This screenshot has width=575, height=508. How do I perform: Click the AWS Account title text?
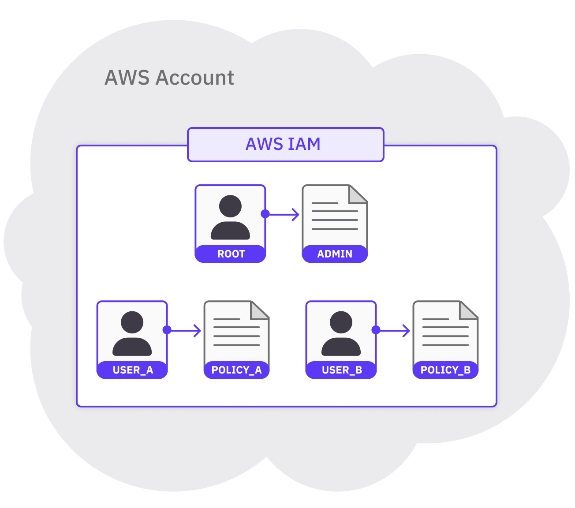(169, 78)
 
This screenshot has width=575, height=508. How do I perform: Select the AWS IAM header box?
(285, 145)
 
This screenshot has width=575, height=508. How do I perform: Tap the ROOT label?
(231, 254)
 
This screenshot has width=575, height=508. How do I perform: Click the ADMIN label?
(335, 254)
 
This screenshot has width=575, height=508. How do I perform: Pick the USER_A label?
(132, 370)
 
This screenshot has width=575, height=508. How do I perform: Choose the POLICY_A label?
(236, 370)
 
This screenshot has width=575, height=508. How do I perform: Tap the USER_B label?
(341, 370)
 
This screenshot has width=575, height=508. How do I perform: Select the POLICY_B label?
(445, 370)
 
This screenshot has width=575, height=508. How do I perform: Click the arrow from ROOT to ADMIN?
(284, 215)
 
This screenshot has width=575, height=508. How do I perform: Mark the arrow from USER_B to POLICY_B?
(395, 330)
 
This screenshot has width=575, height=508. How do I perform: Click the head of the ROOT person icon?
(230, 206)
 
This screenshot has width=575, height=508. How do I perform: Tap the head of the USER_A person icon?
(132, 322)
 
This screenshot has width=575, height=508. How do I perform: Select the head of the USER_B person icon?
(341, 322)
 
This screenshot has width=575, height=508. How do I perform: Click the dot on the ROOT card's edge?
(265, 214)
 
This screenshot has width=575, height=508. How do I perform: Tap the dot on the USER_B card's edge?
(376, 330)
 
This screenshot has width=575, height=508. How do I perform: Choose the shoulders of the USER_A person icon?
(132, 347)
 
